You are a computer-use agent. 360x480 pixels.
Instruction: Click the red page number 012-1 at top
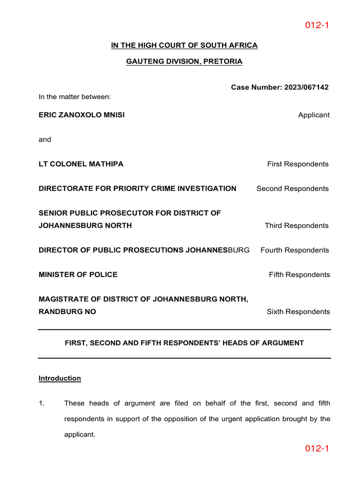click(317, 25)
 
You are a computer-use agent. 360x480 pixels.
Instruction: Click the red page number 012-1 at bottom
click(317, 449)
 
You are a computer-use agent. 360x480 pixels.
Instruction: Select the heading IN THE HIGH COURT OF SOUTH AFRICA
click(184, 45)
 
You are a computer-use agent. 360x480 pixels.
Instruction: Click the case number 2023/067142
click(306, 87)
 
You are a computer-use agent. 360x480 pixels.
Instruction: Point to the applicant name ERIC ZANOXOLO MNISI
click(82, 115)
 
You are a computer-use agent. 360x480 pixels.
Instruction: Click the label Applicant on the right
click(314, 115)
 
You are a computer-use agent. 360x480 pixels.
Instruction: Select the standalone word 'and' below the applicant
click(45, 140)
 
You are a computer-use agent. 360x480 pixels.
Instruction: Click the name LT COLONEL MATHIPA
click(81, 164)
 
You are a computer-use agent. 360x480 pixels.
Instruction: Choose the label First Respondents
click(298, 164)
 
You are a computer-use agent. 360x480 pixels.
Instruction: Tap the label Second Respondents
click(292, 188)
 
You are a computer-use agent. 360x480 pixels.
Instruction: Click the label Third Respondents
click(297, 225)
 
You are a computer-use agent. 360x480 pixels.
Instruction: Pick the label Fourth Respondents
click(294, 250)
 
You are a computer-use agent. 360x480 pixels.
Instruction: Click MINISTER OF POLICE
click(78, 275)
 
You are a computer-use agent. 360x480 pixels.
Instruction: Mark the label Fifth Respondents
click(299, 275)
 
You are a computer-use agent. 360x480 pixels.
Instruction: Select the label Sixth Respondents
click(298, 312)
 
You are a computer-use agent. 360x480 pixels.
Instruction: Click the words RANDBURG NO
click(67, 312)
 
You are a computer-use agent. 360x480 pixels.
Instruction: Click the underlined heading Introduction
click(60, 378)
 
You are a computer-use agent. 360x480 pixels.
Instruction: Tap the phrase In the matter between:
click(75, 97)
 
